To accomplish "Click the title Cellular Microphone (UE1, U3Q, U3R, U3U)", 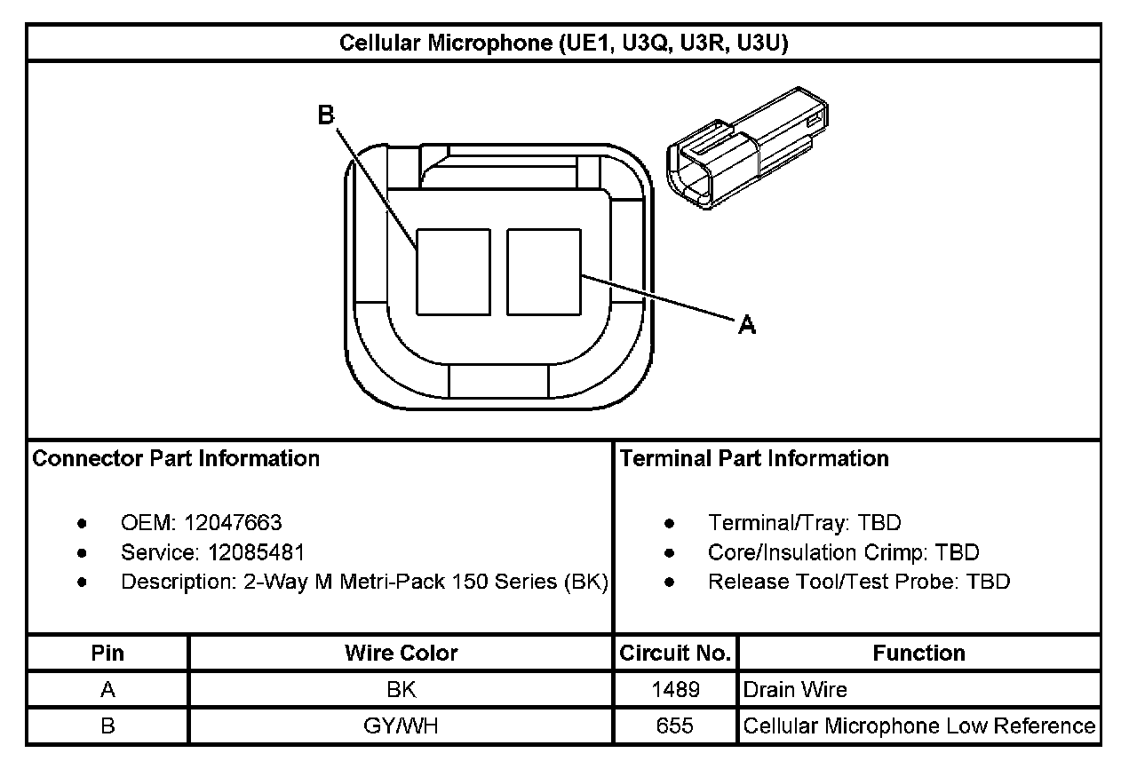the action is pyautogui.click(x=564, y=44).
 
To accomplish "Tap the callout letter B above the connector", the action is pyautogui.click(x=326, y=115).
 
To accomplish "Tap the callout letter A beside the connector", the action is pyautogui.click(x=747, y=324).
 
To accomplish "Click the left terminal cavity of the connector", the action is pyautogui.click(x=453, y=272).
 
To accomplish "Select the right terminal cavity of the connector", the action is pyautogui.click(x=544, y=272).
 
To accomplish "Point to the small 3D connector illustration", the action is pyautogui.click(x=747, y=148).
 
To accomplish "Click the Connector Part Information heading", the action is pyautogui.click(x=176, y=458).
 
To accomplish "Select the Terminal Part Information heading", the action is pyautogui.click(x=754, y=458).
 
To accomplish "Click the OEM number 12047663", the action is pyautogui.click(x=233, y=522).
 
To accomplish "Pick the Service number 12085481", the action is pyautogui.click(x=257, y=552).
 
